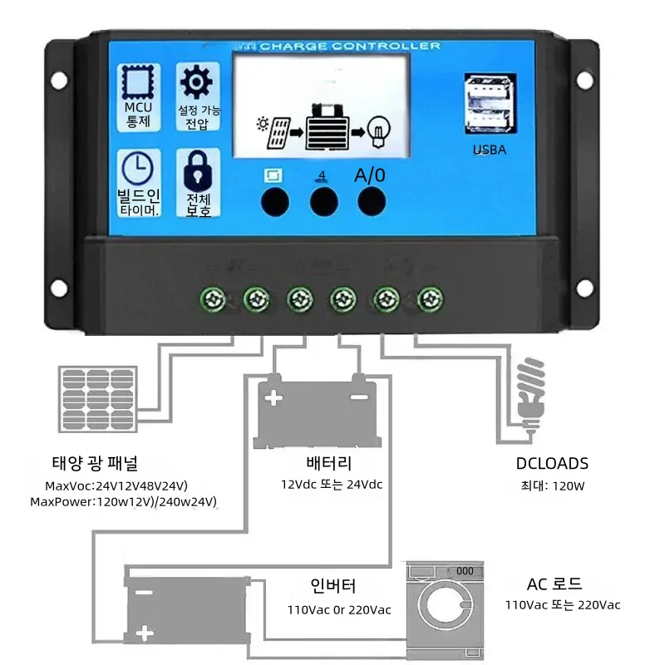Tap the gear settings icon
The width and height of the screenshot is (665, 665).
point(197,83)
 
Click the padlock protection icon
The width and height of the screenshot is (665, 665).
point(197,170)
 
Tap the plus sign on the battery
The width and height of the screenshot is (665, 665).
point(273,398)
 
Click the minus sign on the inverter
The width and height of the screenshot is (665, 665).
point(143,594)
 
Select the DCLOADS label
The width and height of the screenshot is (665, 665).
point(552,464)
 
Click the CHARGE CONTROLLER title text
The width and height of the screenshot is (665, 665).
point(350,47)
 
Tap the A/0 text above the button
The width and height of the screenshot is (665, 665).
point(370,175)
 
